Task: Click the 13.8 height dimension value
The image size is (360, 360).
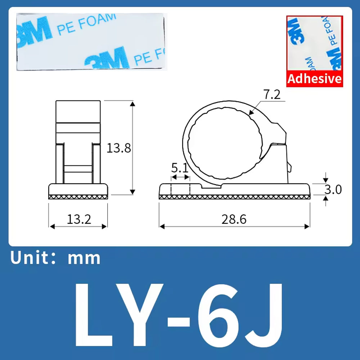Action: click(x=119, y=148)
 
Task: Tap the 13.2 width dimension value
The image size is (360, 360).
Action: click(x=79, y=219)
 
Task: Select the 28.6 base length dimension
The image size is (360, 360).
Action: click(x=234, y=219)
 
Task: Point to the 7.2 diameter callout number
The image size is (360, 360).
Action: click(x=272, y=94)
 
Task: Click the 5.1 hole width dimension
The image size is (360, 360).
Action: click(x=180, y=168)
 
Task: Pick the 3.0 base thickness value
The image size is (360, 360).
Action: click(x=333, y=189)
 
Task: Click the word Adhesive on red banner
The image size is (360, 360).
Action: click(x=315, y=79)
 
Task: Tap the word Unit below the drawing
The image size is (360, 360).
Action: click(x=30, y=257)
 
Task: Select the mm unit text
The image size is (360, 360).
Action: click(x=84, y=259)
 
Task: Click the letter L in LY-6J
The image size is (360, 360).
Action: click(x=94, y=315)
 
